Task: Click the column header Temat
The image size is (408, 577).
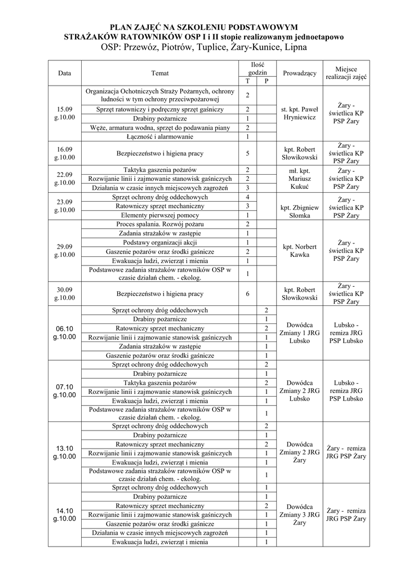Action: point(160,73)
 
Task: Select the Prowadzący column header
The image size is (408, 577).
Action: point(300,73)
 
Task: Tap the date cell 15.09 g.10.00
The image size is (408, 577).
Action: point(65,113)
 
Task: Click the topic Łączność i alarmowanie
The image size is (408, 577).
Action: point(160,136)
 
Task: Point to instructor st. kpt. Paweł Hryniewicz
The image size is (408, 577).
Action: point(300,113)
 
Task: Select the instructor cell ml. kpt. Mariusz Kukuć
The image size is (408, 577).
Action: point(300,179)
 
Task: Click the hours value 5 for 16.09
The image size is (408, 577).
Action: point(247,153)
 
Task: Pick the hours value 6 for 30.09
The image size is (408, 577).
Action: point(247,294)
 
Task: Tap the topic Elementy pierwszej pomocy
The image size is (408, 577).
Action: point(160,215)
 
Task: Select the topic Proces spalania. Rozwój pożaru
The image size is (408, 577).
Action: point(160,224)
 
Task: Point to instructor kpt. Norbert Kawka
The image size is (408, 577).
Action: point(300,251)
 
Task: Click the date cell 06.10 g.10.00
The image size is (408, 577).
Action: point(65,332)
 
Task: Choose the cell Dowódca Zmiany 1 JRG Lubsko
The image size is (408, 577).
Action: point(300,333)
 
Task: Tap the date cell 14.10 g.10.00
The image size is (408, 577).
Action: point(65,514)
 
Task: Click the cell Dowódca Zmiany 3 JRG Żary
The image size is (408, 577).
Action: point(300,514)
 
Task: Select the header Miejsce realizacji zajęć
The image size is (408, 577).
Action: point(347,72)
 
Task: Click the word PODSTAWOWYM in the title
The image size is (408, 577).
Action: point(257,26)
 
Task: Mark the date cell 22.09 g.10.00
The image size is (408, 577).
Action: point(65,179)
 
